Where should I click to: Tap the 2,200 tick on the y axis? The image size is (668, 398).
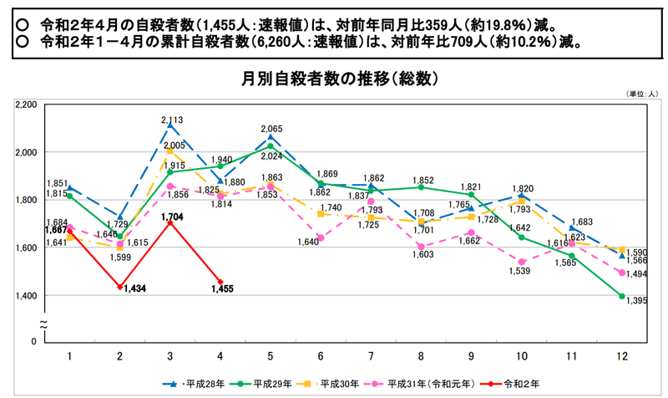coord(26,105)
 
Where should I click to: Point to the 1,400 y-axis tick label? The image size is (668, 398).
coord(26,296)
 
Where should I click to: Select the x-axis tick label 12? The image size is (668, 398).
coord(621,355)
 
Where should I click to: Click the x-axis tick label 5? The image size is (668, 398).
coord(270,355)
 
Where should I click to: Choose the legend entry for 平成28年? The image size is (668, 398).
coord(198,384)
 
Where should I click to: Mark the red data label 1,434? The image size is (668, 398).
coord(135,288)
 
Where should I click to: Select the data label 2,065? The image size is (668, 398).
coord(272,129)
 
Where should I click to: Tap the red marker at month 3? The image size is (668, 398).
coord(170,223)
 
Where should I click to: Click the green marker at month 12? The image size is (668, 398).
coord(622,296)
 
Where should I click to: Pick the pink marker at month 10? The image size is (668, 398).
coord(521,262)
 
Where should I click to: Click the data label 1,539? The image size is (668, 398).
coord(521,272)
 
